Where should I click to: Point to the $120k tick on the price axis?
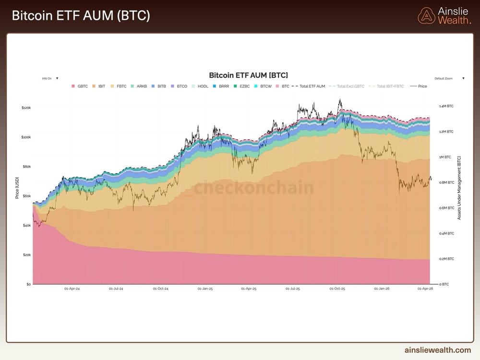[26, 108]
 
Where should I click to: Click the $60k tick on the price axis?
[26, 196]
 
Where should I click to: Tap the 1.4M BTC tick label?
[446, 106]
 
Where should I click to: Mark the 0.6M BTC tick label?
[446, 208]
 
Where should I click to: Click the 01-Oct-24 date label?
[161, 289]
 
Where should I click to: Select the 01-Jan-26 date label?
[382, 289]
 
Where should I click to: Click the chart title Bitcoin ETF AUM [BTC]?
[248, 75]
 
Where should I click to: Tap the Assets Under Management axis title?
[459, 188]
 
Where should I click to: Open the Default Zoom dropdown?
[449, 78]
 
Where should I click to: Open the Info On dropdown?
[50, 78]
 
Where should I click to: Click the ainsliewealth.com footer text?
[438, 350]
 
